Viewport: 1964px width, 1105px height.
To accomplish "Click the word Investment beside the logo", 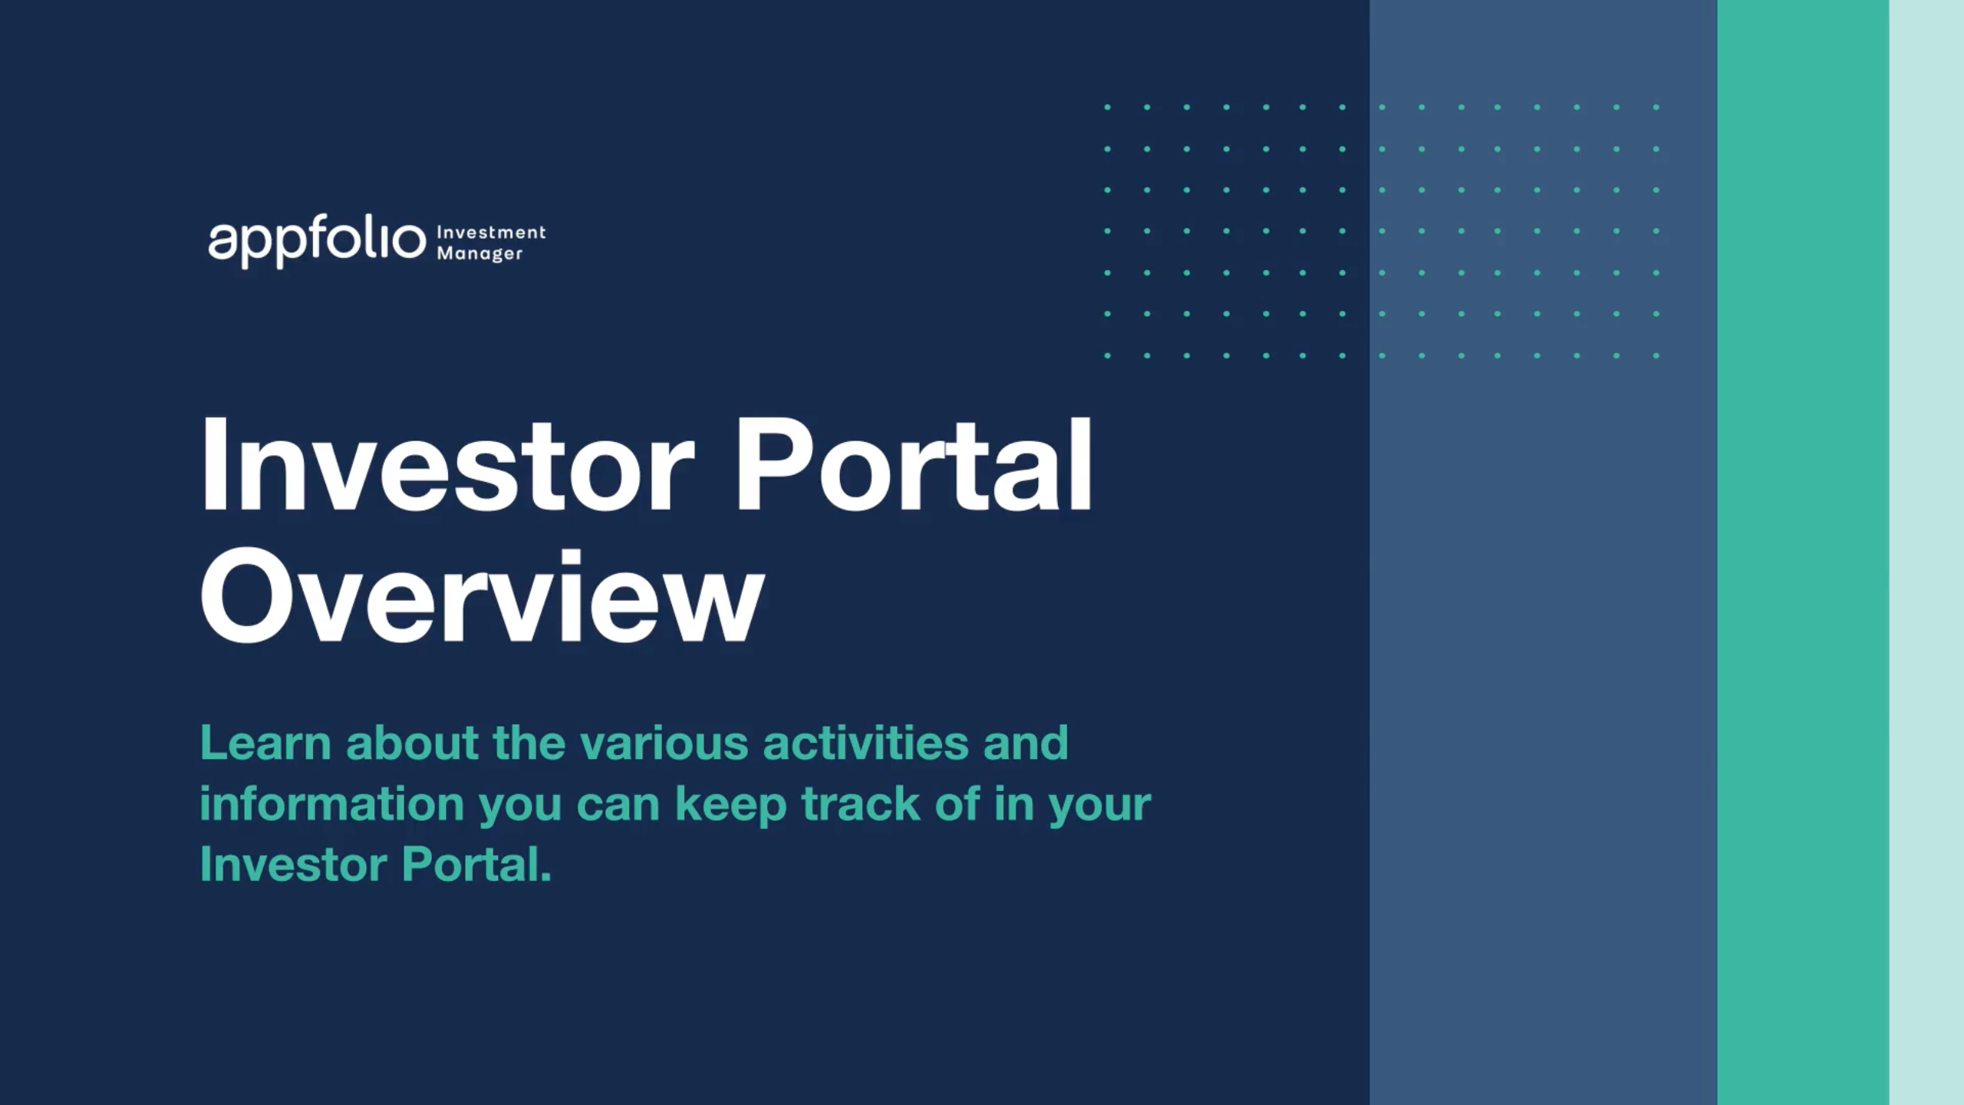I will pos(491,232).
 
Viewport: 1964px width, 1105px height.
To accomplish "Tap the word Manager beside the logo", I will pos(479,253).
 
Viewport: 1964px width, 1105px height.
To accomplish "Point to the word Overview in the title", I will pos(482,597).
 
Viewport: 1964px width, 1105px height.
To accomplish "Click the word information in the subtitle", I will pos(331,804).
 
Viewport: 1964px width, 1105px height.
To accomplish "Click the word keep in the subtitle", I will pos(730,804).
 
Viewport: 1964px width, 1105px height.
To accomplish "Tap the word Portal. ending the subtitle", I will pos(476,865).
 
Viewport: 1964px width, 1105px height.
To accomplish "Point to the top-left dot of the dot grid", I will pos(1107,107).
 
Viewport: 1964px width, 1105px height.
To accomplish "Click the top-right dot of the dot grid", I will pos(1656,107).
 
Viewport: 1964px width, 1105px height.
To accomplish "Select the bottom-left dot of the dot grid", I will pos(1107,355).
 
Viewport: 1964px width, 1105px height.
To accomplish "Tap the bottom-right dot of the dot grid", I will pos(1656,355).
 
